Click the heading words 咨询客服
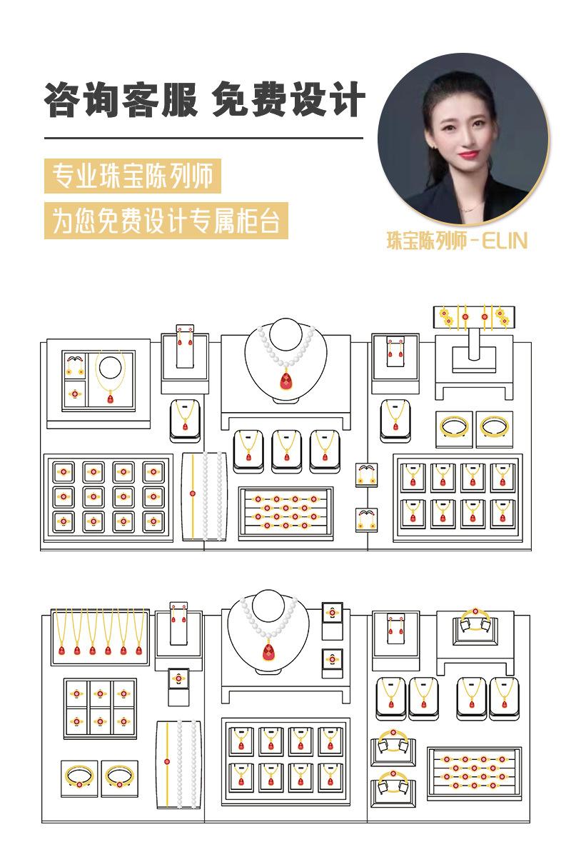(121, 99)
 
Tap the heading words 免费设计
(289, 99)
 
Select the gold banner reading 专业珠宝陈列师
(133, 176)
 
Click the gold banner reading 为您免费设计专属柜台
(166, 220)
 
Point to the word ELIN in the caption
(505, 241)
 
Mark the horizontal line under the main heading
(203, 137)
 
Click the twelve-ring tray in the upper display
(108, 496)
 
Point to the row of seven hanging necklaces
(100, 633)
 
